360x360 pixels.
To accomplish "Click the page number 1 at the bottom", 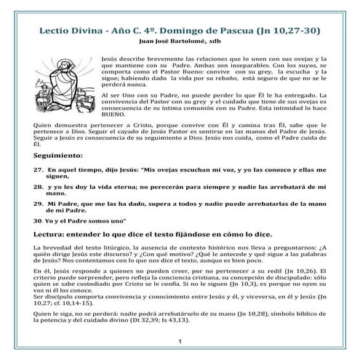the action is (x=179, y=343).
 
